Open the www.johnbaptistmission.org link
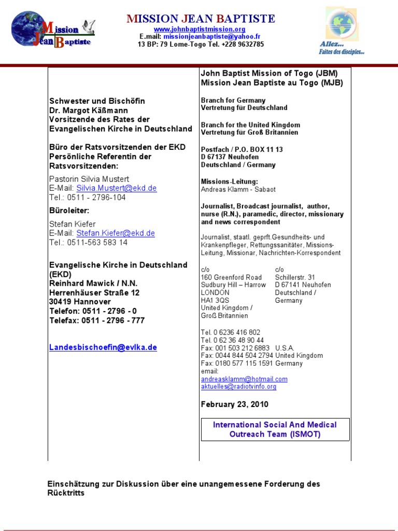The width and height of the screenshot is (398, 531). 200,30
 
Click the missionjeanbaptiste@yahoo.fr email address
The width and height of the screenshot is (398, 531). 211,37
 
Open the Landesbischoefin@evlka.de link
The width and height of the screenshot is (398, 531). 103,347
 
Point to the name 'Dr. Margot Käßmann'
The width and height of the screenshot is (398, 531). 89,110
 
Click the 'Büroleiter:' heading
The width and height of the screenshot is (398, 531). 69,211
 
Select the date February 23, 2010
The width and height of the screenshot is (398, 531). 235,404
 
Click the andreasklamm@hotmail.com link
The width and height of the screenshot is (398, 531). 244,379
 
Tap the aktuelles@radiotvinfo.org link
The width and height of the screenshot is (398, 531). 238,387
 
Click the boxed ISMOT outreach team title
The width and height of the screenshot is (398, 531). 275,429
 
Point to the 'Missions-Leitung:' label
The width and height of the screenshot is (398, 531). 229,181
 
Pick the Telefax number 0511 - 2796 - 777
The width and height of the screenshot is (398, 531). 113,320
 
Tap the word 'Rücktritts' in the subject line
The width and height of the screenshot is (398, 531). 66,493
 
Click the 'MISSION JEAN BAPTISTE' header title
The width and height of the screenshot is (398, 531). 201,19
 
